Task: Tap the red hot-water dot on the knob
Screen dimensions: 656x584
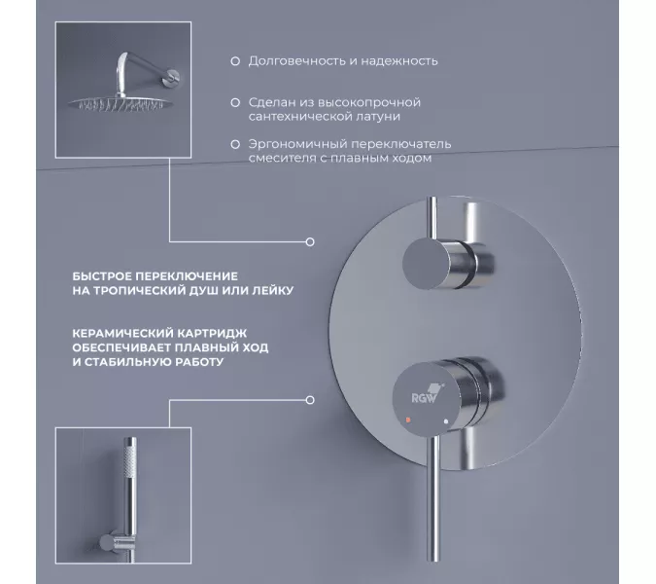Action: (408, 420)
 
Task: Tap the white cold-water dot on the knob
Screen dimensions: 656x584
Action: (446, 421)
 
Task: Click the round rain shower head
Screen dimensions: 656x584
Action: (121, 102)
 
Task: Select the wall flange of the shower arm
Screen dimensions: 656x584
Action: (172, 77)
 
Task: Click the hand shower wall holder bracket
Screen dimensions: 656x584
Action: (115, 543)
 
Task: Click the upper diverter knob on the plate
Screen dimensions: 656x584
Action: (448, 263)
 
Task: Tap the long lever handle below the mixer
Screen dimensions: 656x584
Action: (434, 499)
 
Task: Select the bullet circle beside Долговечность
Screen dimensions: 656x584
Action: (235, 61)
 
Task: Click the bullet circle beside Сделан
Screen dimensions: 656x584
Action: (235, 102)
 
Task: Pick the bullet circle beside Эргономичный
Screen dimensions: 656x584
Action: (235, 144)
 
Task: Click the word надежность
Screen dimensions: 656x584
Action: (399, 61)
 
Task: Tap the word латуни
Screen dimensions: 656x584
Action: (378, 117)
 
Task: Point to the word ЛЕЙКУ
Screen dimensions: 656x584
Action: (273, 290)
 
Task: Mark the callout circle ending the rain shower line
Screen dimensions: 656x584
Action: (310, 241)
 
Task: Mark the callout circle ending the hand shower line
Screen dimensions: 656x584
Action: (310, 400)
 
